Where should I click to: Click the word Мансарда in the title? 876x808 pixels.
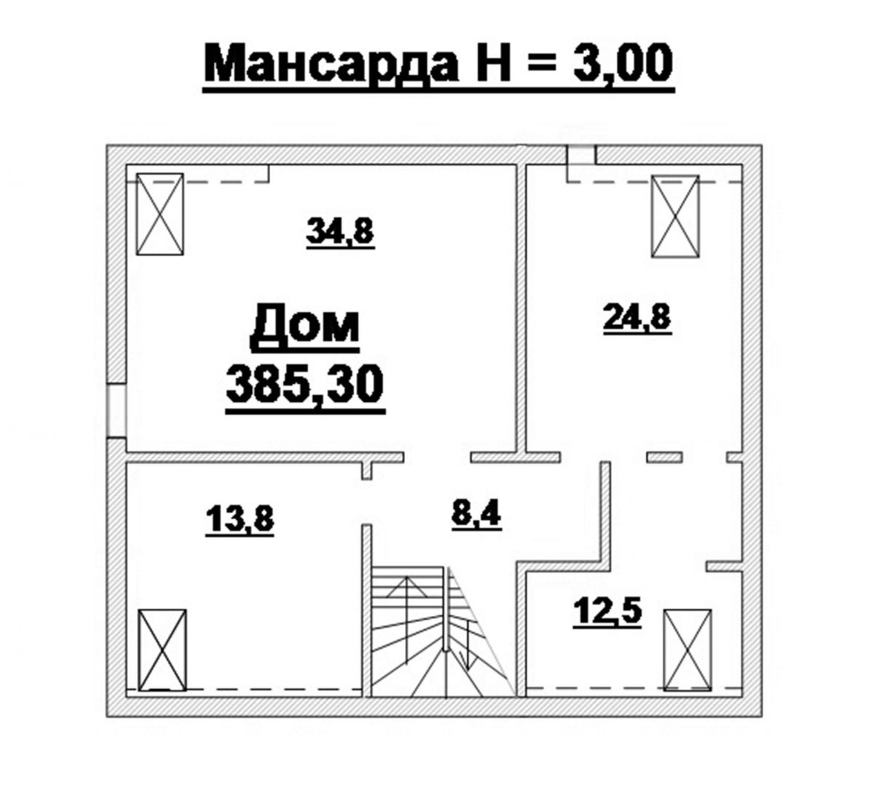331,63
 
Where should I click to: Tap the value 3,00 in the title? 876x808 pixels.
623,63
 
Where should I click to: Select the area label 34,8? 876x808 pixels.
340,231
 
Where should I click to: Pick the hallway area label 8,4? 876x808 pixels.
477,514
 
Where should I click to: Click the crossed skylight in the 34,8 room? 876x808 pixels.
160,214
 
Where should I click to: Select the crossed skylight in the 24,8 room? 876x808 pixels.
675,216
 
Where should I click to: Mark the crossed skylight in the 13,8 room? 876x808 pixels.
162,650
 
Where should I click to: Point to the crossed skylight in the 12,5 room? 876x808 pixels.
688,650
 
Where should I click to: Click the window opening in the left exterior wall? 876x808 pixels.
117,411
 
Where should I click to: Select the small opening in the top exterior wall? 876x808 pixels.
581,155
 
